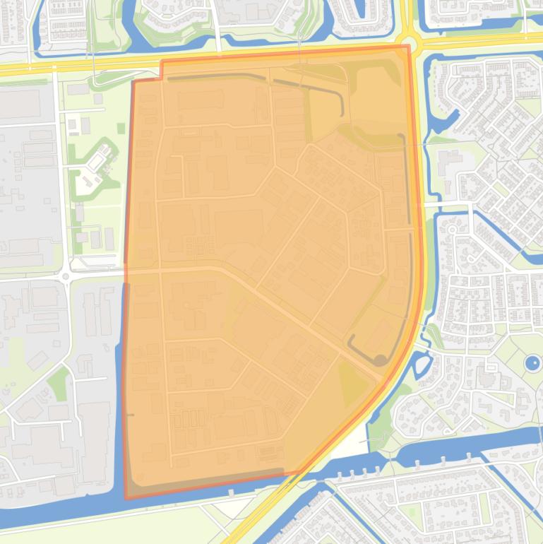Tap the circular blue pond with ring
click(532, 364)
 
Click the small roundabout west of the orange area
click(66, 276)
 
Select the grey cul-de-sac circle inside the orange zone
click(380, 360)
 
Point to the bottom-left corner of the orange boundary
click(126, 497)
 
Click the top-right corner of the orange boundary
click(408, 47)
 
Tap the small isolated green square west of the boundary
click(121, 127)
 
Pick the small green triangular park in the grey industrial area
click(59, 382)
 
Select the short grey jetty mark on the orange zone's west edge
click(130, 414)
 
